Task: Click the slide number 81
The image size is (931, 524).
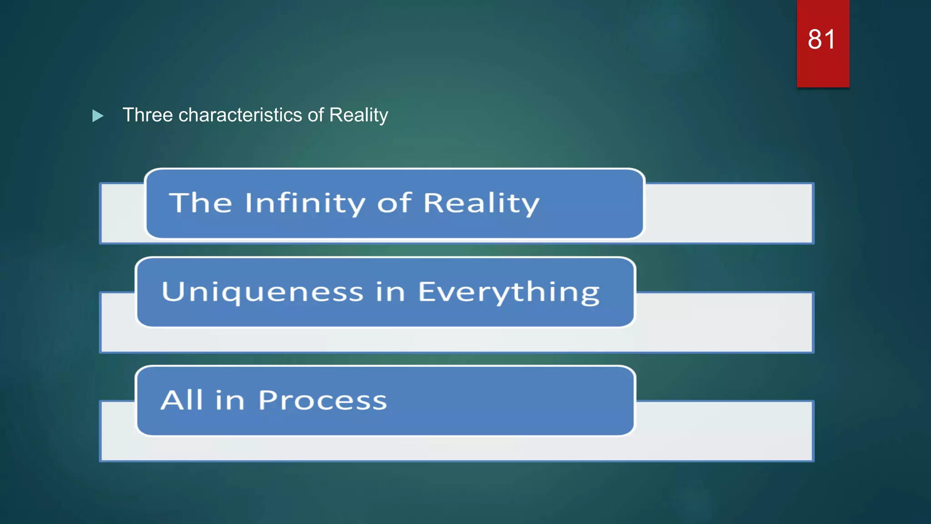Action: click(821, 40)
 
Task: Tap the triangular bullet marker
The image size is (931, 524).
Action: click(97, 116)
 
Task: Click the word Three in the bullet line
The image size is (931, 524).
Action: click(148, 115)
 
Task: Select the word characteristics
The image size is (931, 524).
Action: click(240, 115)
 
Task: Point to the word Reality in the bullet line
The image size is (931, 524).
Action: click(358, 115)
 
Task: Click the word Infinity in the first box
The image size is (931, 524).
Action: click(305, 203)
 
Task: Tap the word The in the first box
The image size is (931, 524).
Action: click(200, 202)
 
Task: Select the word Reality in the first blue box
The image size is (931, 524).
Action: click(481, 203)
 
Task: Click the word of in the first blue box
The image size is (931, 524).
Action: click(394, 202)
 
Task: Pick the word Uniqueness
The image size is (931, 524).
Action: click(262, 292)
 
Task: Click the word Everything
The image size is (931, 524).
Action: click(509, 292)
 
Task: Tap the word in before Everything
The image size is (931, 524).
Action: click(390, 292)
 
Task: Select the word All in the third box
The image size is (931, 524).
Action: click(182, 400)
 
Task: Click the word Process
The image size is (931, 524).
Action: click(322, 401)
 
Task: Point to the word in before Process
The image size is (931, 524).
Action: click(230, 401)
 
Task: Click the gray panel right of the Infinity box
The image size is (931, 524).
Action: click(727, 213)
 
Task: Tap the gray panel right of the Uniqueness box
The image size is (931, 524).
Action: click(723, 322)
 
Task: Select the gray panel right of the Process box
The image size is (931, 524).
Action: click(723, 430)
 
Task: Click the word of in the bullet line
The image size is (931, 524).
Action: click(315, 115)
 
